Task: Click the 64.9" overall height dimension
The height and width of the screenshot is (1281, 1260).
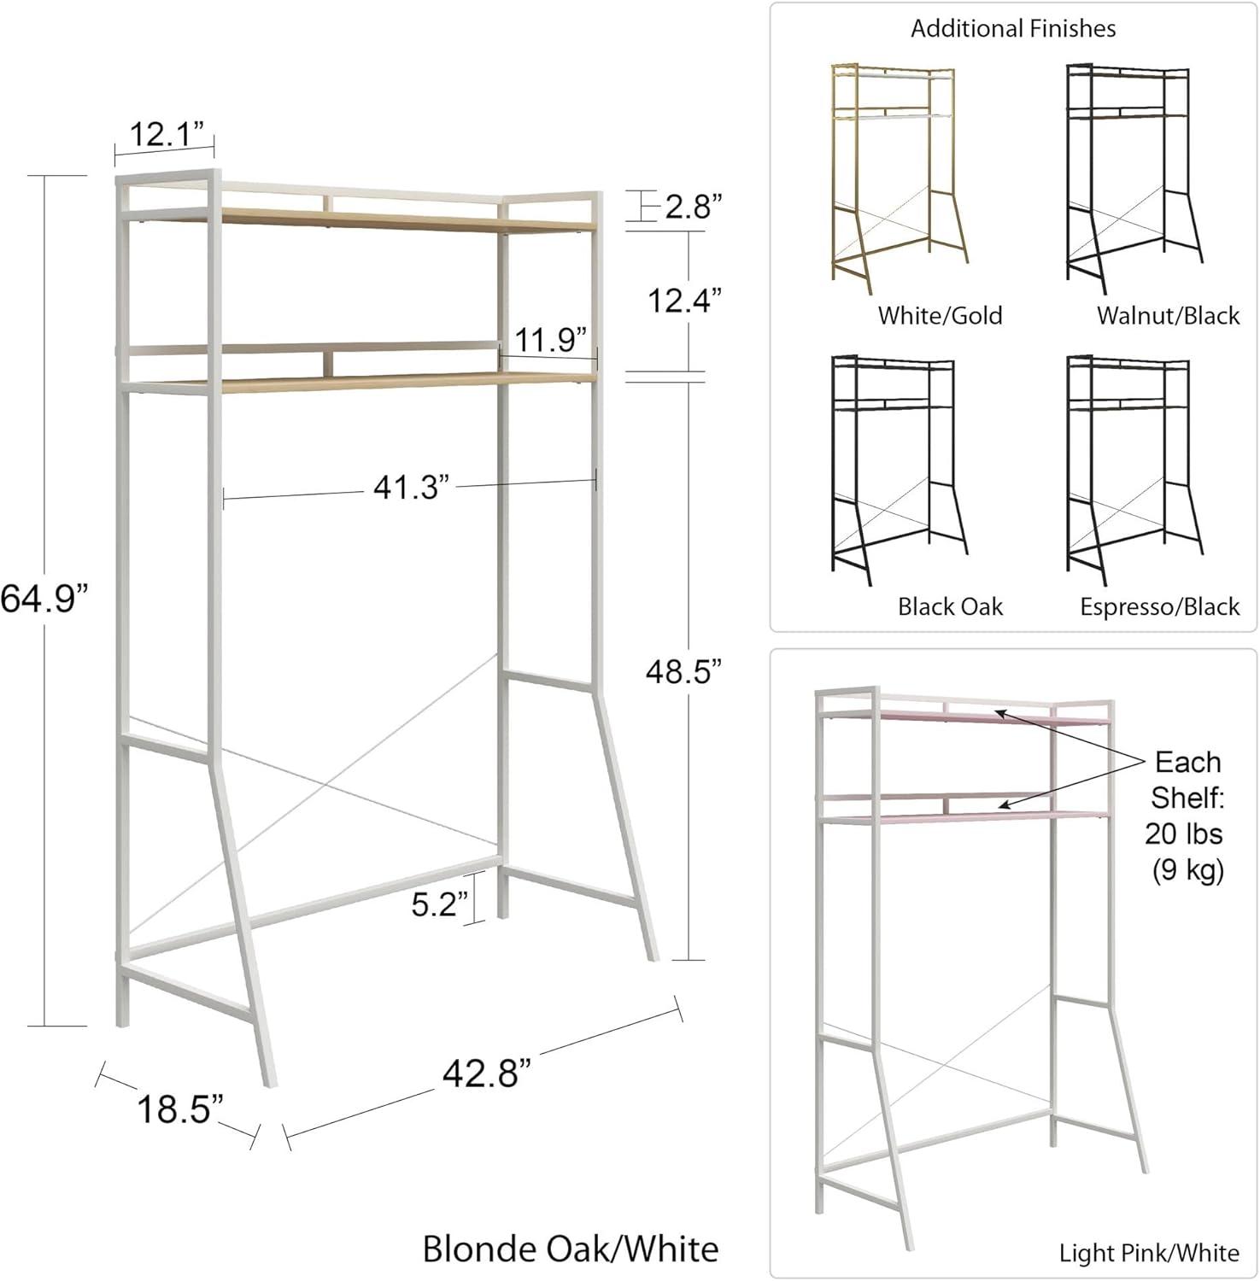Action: coord(44,599)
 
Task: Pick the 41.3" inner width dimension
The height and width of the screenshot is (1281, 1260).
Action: coord(411,488)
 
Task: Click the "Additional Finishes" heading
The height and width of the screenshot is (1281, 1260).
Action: coord(1013,29)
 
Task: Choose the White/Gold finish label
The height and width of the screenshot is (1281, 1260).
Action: coord(940,316)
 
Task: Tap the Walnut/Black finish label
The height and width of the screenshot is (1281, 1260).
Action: coord(1168,316)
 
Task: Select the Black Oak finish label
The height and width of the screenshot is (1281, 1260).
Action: coord(950,607)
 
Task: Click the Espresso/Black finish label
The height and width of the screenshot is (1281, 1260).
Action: coord(1159,607)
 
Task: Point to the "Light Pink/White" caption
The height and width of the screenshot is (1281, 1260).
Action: coord(1149,1253)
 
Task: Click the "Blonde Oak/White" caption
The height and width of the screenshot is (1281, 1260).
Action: coord(571,1249)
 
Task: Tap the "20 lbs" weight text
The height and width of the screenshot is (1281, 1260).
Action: coord(1184,834)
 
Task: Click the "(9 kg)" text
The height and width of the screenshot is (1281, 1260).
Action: coord(1187,869)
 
